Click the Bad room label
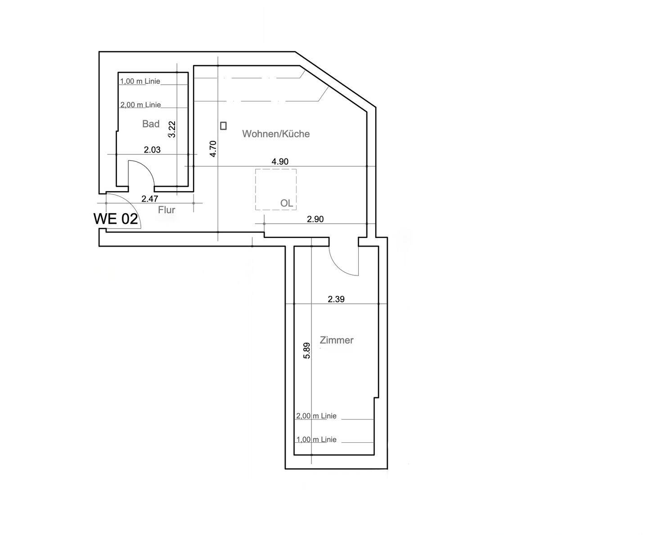[151, 124]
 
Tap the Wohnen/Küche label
[276, 134]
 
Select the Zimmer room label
[337, 340]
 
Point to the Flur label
[166, 210]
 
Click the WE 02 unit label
[116, 219]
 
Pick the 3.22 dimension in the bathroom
[172, 130]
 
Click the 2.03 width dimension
[152, 150]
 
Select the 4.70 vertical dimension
[213, 148]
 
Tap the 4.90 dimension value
[280, 162]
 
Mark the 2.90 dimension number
[315, 219]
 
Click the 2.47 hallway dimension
[150, 198]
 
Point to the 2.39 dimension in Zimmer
[336, 299]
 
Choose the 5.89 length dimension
[306, 351]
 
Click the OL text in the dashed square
[287, 203]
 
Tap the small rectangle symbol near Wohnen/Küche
[223, 126]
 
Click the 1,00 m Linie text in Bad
[140, 81]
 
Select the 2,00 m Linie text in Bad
[140, 105]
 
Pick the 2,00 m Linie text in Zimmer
[316, 416]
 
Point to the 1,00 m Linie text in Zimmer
[316, 440]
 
